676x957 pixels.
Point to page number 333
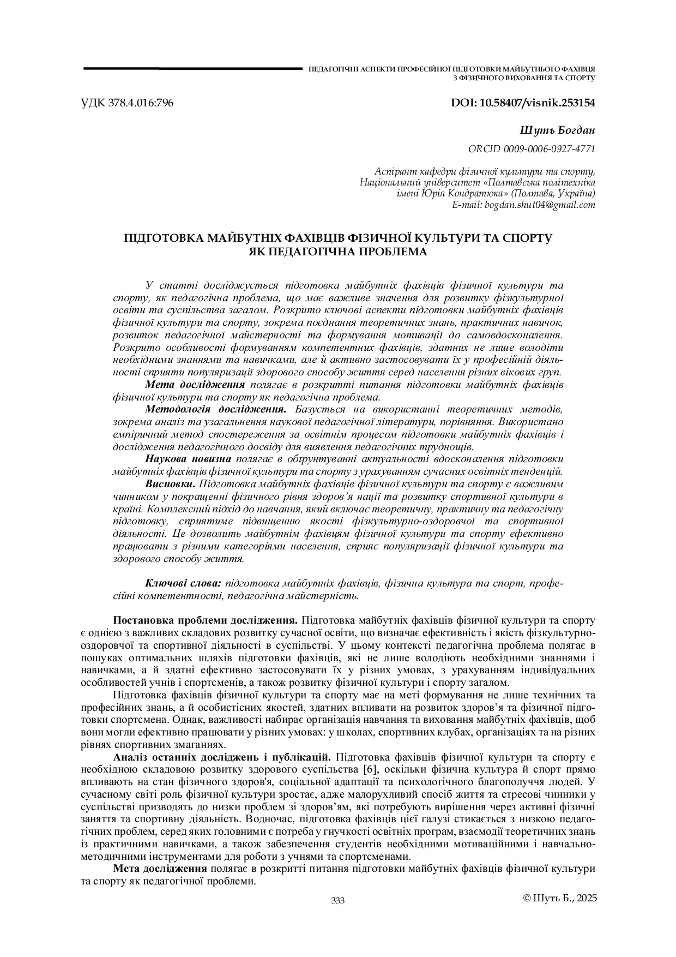coord(338,901)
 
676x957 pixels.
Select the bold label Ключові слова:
coord(183,583)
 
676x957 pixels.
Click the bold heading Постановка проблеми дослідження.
coord(205,620)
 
